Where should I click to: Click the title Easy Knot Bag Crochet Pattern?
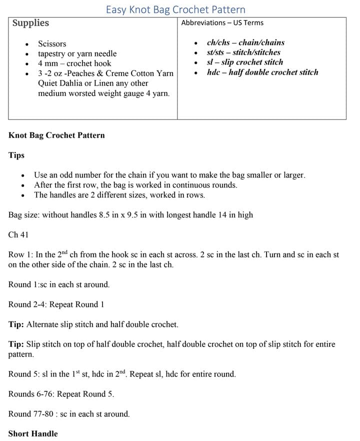tap(175, 9)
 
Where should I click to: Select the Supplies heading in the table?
tap(30, 23)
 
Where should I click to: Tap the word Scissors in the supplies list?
tap(52, 44)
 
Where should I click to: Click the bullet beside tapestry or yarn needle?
tap(26, 54)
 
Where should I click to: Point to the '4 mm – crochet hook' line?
tap(74, 63)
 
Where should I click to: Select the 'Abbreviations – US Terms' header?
tap(222, 22)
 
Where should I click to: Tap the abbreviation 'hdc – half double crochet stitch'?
tap(262, 72)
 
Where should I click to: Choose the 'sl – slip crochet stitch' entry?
tap(244, 62)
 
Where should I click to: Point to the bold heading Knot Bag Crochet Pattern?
tap(56, 135)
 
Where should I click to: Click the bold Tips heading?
tap(16, 155)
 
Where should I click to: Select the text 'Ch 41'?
tap(18, 234)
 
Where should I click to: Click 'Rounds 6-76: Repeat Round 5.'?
tap(61, 394)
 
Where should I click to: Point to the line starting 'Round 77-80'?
tap(69, 414)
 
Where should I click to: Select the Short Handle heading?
tap(33, 433)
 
